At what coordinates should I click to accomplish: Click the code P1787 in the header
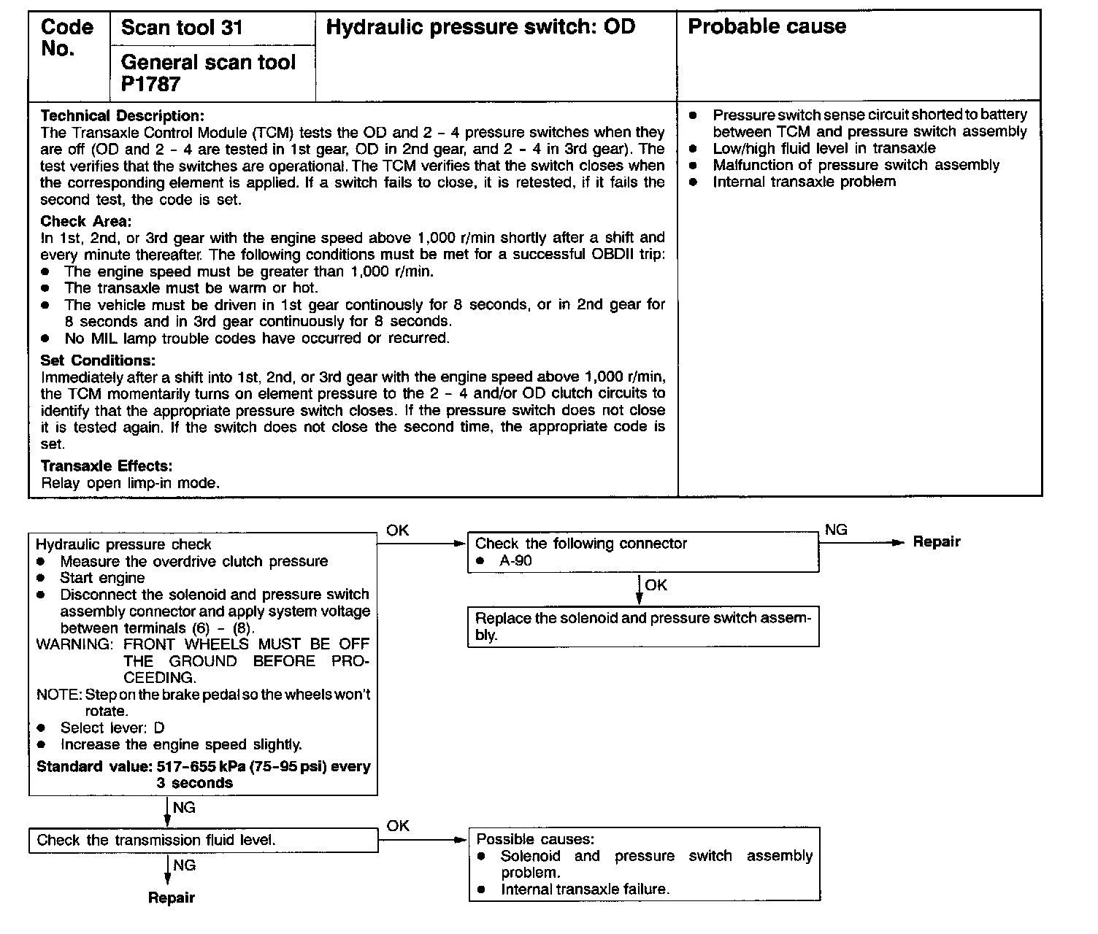(151, 85)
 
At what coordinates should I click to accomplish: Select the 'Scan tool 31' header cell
(182, 28)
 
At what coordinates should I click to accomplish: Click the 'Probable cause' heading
(767, 27)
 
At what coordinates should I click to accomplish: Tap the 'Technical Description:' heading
(123, 116)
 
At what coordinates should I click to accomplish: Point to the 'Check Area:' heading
(86, 221)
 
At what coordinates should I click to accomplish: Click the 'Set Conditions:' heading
(98, 360)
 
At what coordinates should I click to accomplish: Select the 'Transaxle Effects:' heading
(107, 466)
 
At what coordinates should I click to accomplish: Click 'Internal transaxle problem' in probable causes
(804, 182)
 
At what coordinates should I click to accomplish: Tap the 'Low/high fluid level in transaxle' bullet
(824, 148)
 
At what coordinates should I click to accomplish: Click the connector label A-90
(516, 561)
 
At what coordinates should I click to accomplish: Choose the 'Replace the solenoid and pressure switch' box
(642, 626)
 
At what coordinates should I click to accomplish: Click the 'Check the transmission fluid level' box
(203, 840)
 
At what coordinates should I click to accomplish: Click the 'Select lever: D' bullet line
(112, 727)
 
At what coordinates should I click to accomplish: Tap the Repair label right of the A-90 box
(937, 542)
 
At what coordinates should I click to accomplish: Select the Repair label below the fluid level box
(172, 898)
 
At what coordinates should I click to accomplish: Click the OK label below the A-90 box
(656, 585)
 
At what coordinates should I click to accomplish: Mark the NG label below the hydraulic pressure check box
(184, 808)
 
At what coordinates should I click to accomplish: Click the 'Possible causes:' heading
(535, 840)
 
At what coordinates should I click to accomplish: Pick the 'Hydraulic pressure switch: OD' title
(480, 28)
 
